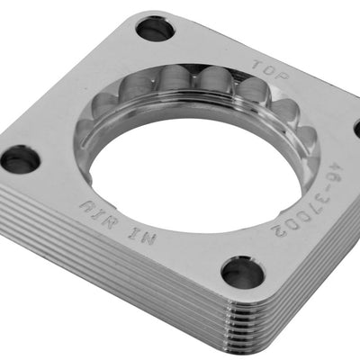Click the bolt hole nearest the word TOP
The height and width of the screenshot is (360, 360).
click(x=155, y=29)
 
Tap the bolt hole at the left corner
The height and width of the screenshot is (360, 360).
click(x=19, y=158)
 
